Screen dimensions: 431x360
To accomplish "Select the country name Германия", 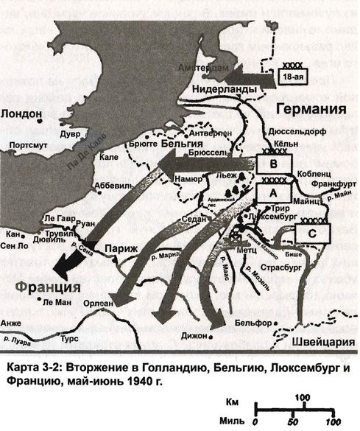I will tap(310, 110).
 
